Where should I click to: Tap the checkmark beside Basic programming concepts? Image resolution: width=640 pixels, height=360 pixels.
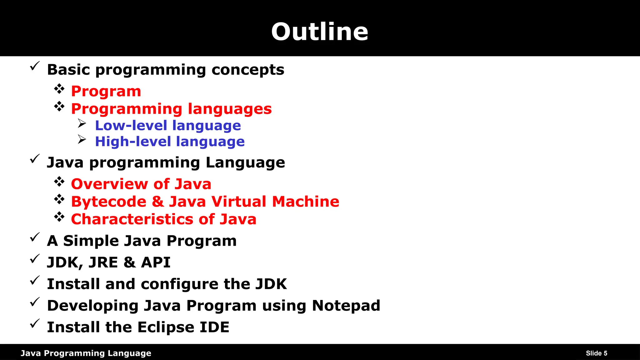pyautogui.click(x=35, y=66)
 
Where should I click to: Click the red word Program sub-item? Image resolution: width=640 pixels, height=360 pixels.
pyautogui.click(x=106, y=91)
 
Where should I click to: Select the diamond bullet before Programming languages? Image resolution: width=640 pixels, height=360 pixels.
pyautogui.click(x=59, y=107)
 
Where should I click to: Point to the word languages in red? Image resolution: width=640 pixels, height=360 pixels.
pyautogui.click(x=230, y=109)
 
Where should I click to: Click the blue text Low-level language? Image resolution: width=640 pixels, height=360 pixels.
pyautogui.click(x=168, y=126)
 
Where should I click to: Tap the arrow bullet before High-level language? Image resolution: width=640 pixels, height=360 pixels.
pyautogui.click(x=82, y=139)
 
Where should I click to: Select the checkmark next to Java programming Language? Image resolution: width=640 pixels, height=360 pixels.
pyautogui.click(x=35, y=159)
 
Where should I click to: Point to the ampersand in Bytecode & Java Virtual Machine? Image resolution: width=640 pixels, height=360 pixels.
pyautogui.click(x=158, y=202)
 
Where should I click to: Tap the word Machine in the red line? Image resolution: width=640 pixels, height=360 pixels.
pyautogui.click(x=305, y=202)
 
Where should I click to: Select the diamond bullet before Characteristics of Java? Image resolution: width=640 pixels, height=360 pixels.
pyautogui.click(x=59, y=217)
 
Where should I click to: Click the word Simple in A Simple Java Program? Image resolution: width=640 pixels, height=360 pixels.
pyautogui.click(x=91, y=241)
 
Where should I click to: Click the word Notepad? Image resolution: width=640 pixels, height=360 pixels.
pyautogui.click(x=346, y=306)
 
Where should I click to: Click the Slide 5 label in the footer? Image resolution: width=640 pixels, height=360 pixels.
pyautogui.click(x=596, y=353)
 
